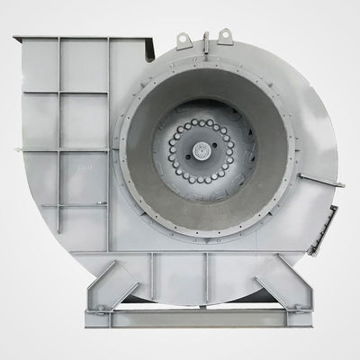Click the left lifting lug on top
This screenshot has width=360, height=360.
183,39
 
